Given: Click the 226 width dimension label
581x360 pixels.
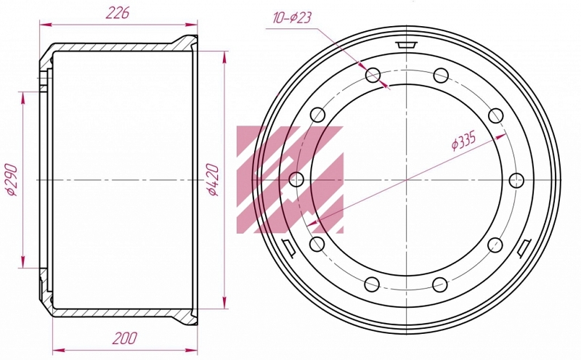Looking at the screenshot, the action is tap(118, 13).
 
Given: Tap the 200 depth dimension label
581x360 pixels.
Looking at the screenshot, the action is tap(125, 337).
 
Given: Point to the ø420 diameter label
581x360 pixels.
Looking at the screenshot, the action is tap(213, 179).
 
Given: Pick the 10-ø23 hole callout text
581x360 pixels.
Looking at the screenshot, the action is tap(293, 17).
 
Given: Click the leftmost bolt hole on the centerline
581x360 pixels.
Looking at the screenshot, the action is tap(296, 180).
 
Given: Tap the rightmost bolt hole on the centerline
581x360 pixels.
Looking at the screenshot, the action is tap(516, 181).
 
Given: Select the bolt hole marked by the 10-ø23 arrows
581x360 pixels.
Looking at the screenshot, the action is tap(373, 75).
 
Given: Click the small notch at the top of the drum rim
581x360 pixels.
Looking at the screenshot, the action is tap(407, 44).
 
